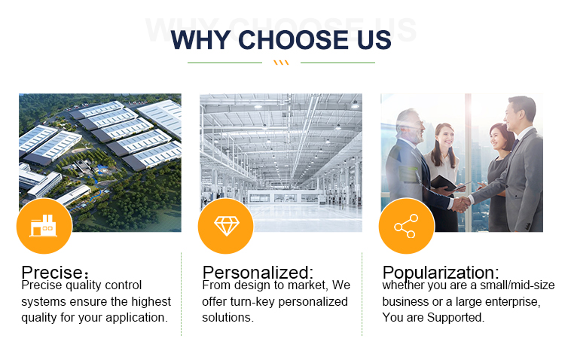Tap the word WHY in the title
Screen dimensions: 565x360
coord(200,40)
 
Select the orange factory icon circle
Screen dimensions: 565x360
coord(44,226)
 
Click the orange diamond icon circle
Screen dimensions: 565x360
coord(226,226)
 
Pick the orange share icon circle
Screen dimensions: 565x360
coord(407,226)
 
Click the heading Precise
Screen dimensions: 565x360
coord(55,272)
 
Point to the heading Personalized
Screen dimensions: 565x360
coord(258,273)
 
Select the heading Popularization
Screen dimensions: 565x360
coord(441,273)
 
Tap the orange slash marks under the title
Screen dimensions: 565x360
coord(281,63)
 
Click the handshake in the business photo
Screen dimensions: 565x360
coord(461,204)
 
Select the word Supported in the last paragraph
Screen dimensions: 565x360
coord(456,318)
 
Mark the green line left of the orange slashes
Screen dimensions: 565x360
coord(224,63)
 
